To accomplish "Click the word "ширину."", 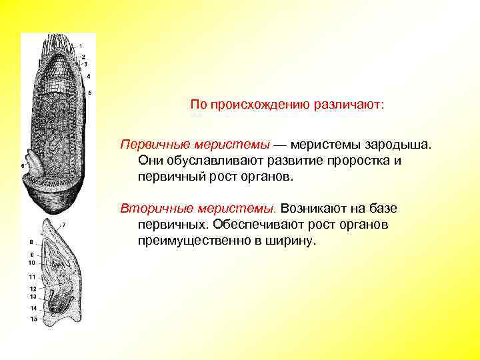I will coord(291,241).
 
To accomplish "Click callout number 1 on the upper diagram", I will coord(81,46).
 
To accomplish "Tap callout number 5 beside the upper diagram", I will coord(90,93).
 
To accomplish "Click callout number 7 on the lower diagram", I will coord(63,225).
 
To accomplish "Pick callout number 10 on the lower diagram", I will coord(31,263).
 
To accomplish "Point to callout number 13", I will coord(31,296).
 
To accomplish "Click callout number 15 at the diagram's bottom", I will coord(31,319).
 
